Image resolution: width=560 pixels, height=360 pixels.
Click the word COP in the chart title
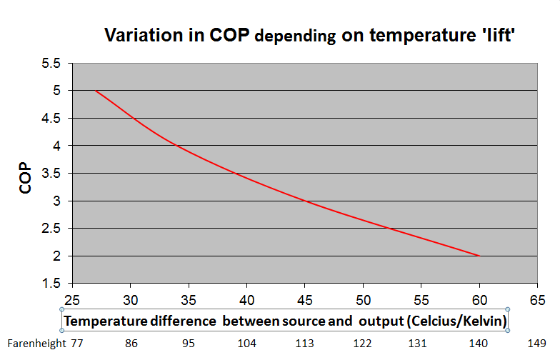coord(231,36)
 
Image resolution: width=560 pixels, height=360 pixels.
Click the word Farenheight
coord(35,344)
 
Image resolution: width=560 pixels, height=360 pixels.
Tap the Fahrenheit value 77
coord(77,344)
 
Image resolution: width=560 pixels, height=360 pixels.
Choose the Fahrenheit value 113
coord(305,344)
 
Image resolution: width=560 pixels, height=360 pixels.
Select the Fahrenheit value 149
coord(537,344)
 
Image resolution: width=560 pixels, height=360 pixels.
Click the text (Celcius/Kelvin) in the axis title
coord(455,321)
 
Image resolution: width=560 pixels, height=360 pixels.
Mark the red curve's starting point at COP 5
coord(96,91)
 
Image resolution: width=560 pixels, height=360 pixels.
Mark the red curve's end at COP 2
coord(479,256)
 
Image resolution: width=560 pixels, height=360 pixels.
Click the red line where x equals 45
coord(305,201)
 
